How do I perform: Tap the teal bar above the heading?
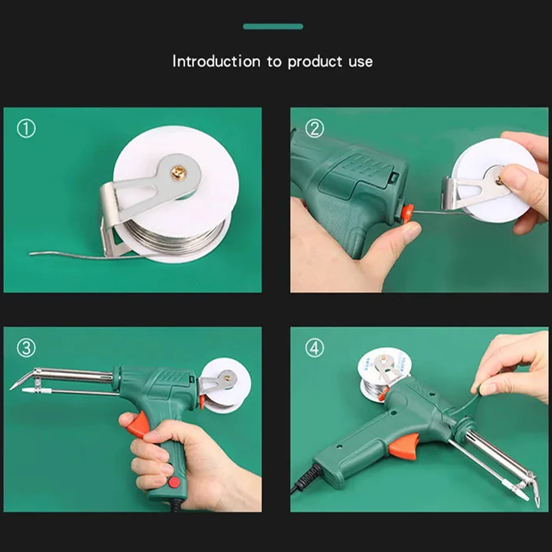273,26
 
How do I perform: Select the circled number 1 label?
26,129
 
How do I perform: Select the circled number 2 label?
315,129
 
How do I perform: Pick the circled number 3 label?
26,348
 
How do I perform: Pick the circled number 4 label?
315,349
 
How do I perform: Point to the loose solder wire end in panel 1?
39,253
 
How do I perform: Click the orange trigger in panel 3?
136,425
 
